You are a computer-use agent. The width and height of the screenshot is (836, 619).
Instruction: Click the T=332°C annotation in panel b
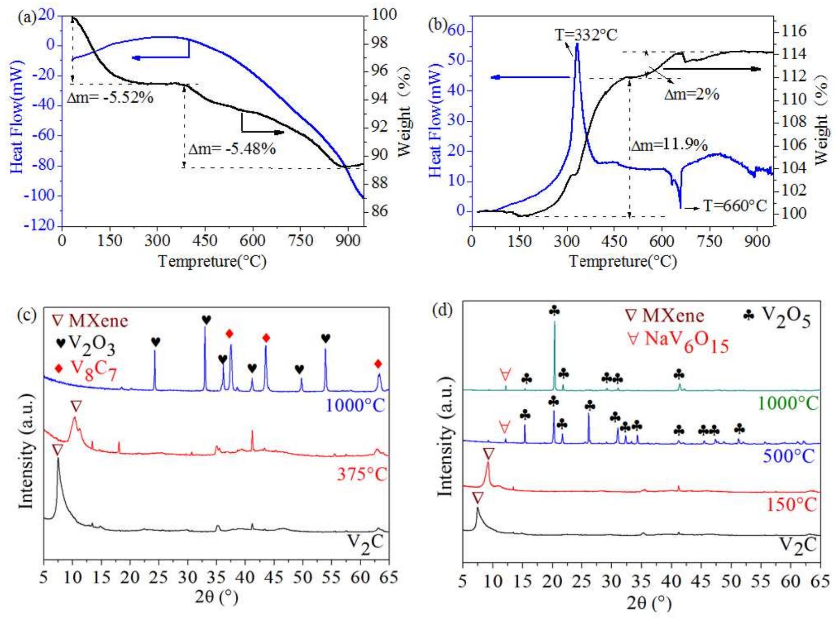[x=586, y=35]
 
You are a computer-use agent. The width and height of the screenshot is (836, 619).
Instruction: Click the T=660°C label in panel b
[x=735, y=206]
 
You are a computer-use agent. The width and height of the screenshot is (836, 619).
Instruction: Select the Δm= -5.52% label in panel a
[x=110, y=98]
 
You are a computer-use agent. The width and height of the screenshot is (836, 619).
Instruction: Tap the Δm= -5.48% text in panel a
[x=232, y=149]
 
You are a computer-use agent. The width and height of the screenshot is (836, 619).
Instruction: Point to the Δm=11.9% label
[x=669, y=146]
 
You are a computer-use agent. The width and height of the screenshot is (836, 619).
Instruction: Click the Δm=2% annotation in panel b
[x=692, y=94]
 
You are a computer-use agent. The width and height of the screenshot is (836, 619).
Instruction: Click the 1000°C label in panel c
[x=355, y=405]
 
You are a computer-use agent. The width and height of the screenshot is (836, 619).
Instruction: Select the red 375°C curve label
[x=361, y=474]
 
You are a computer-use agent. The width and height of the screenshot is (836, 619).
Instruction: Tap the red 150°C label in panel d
[x=791, y=504]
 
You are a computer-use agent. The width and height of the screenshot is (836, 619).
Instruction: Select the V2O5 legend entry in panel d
[x=778, y=317]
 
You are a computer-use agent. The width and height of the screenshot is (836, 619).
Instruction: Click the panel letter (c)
[x=26, y=315]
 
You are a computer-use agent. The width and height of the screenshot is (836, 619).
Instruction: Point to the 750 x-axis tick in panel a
[x=300, y=241]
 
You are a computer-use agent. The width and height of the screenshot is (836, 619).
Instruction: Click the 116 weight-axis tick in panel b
[x=794, y=31]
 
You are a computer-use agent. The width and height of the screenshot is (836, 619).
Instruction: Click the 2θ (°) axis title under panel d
[x=649, y=603]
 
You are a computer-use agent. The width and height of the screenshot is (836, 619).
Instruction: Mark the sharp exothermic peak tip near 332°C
[x=577, y=44]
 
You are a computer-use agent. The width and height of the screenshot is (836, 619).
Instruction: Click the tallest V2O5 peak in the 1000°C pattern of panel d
[x=554, y=323]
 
